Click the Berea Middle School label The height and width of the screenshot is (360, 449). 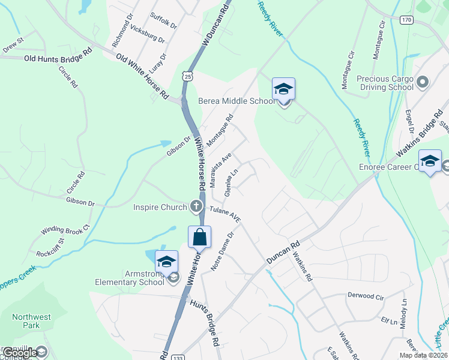point(237,101)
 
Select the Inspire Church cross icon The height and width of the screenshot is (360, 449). point(196,208)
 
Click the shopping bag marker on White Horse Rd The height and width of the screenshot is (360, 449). point(199,237)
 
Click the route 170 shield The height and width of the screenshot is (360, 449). point(406,20)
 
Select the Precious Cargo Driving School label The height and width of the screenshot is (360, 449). point(385,83)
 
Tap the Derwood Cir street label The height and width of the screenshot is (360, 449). point(365,296)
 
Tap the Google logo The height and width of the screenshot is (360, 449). point(20,353)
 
